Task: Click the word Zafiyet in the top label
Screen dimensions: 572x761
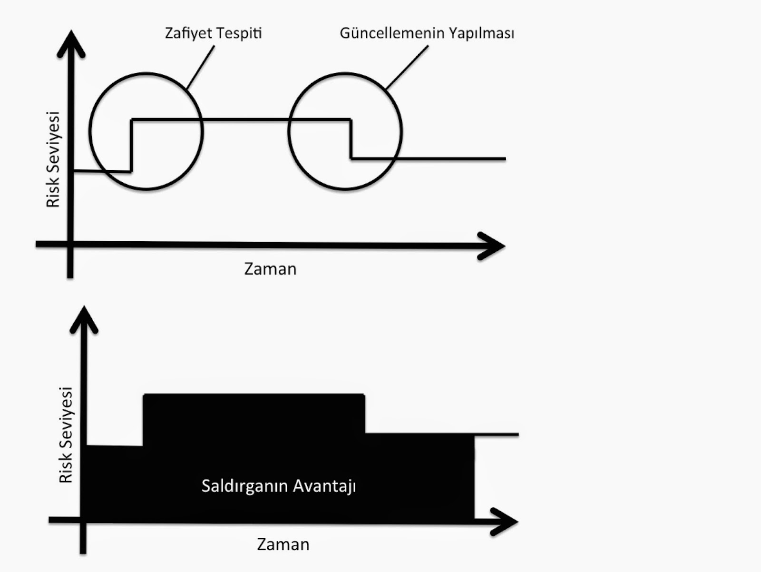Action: pyautogui.click(x=187, y=33)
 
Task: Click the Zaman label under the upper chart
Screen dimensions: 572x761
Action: pyautogui.click(x=270, y=269)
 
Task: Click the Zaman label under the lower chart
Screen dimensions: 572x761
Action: pyautogui.click(x=283, y=544)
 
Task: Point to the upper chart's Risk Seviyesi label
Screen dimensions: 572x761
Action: pyautogui.click(x=53, y=159)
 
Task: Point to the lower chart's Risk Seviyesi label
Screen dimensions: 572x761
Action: pyautogui.click(x=66, y=434)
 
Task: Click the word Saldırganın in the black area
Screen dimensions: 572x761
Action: pyautogui.click(x=244, y=486)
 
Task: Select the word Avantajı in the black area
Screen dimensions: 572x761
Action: pyautogui.click(x=324, y=486)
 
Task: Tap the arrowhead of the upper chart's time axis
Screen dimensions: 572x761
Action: pyautogui.click(x=492, y=246)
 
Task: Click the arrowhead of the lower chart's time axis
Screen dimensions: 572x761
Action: pyautogui.click(x=505, y=522)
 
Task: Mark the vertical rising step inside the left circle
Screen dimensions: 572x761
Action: pyautogui.click(x=131, y=145)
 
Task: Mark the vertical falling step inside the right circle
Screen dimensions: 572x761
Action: pyautogui.click(x=351, y=138)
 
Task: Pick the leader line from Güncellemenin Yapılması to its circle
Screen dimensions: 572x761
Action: pyautogui.click(x=407, y=67)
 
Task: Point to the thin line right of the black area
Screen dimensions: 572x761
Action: pyautogui.click(x=497, y=434)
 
